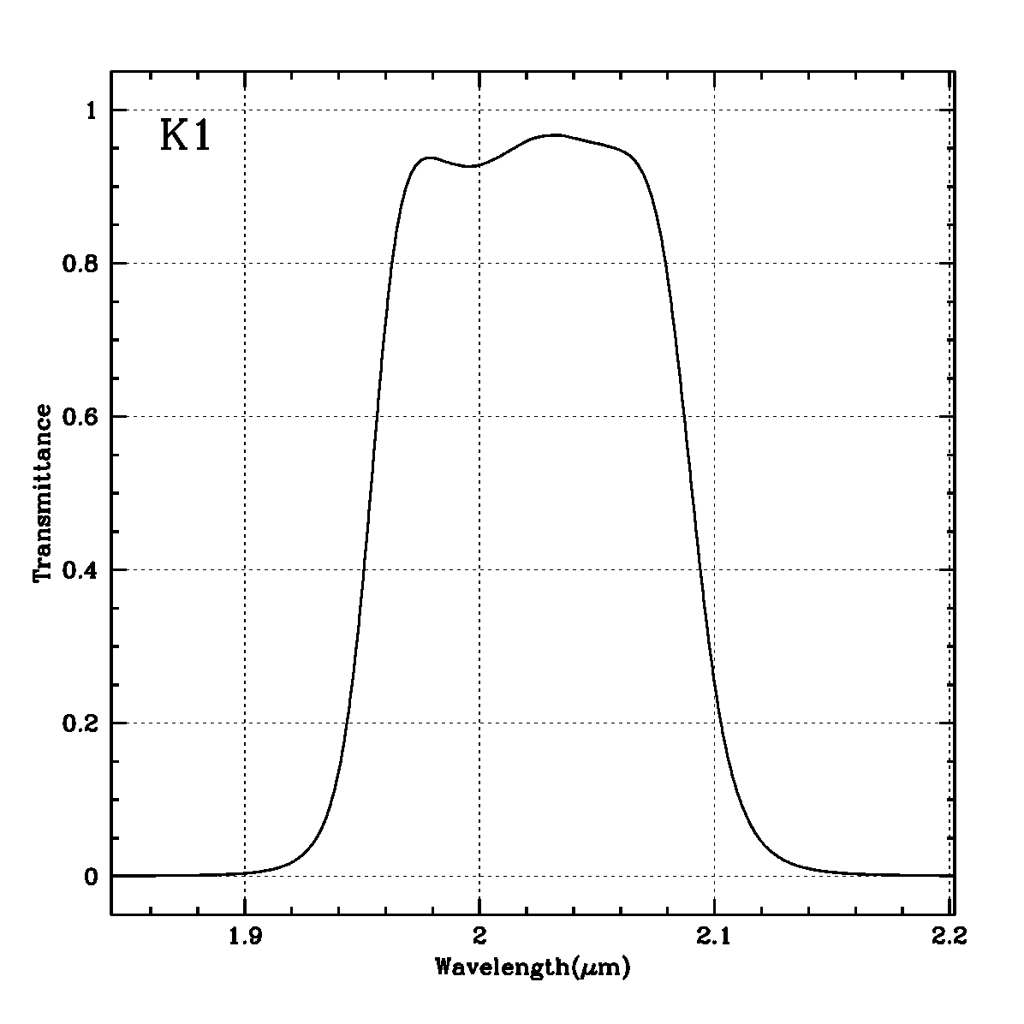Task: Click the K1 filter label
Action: point(185,136)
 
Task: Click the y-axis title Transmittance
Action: point(43,494)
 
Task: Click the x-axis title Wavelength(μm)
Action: point(533,968)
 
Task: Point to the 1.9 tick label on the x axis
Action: point(245,938)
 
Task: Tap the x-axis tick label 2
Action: point(479,938)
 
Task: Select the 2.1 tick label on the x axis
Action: point(713,938)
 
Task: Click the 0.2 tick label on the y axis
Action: point(82,723)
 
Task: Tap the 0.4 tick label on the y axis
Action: point(82,570)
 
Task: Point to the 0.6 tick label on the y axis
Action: point(82,417)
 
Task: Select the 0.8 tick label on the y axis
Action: point(82,264)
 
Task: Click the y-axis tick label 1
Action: point(93,110)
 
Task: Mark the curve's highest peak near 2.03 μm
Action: point(556,134)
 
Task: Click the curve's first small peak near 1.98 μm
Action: point(429,158)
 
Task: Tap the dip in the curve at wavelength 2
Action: point(470,166)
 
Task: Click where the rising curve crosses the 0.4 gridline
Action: point(364,569)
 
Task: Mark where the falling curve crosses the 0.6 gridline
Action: point(684,416)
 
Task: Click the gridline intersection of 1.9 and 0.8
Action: point(245,263)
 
